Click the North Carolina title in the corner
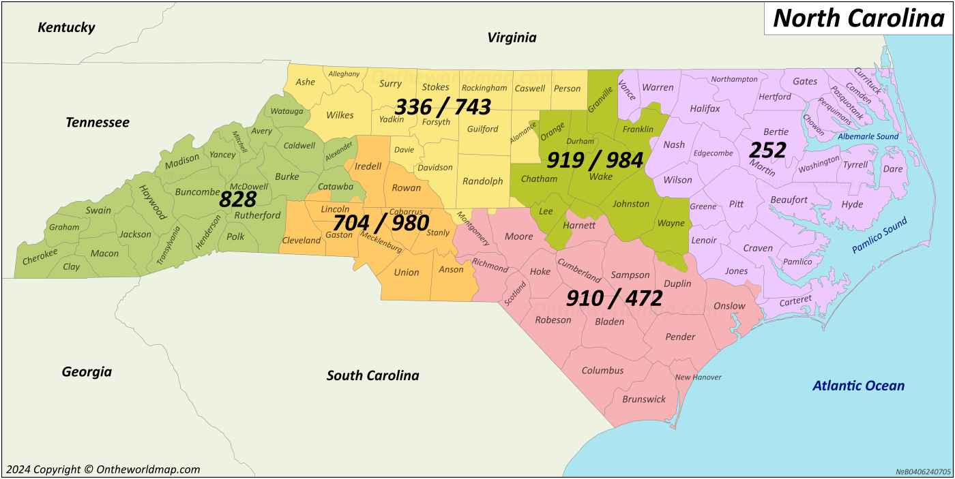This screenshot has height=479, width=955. (x=858, y=18)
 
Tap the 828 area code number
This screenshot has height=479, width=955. (x=237, y=200)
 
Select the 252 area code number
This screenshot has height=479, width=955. (x=768, y=150)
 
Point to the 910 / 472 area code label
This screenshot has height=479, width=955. (x=615, y=298)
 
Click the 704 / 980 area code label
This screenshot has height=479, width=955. (x=381, y=223)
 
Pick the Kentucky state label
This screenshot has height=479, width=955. (x=66, y=28)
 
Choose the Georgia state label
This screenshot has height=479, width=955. (x=87, y=372)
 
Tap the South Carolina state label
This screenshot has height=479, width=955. (x=372, y=375)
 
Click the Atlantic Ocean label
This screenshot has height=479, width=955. (x=858, y=386)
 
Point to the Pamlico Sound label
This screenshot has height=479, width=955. (x=880, y=235)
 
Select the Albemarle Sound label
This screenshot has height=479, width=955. (x=868, y=136)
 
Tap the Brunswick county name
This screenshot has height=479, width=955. (x=644, y=399)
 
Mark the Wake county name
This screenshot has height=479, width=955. (x=600, y=176)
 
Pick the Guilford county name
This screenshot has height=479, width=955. (x=482, y=129)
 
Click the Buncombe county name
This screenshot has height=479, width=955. (x=197, y=192)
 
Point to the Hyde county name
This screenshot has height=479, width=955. (x=852, y=204)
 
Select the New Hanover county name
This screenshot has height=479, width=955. (x=698, y=377)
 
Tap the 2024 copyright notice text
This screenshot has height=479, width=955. (x=103, y=469)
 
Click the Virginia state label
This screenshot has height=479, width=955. (x=512, y=38)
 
